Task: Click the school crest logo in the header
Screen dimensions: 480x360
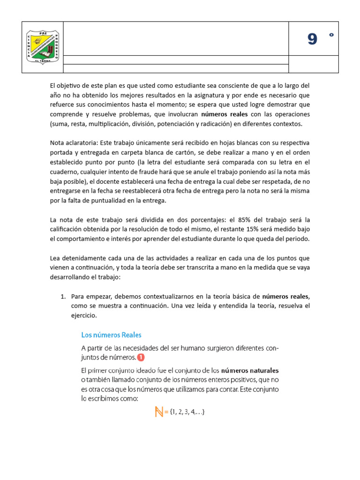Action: tap(43, 47)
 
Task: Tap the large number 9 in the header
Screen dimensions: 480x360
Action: tap(313, 40)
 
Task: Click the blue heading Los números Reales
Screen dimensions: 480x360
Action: tap(111, 335)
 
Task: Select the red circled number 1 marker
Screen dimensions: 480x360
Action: tap(141, 358)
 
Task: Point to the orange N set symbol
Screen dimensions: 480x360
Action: tap(158, 412)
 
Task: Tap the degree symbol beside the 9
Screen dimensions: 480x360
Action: tap(331, 35)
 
